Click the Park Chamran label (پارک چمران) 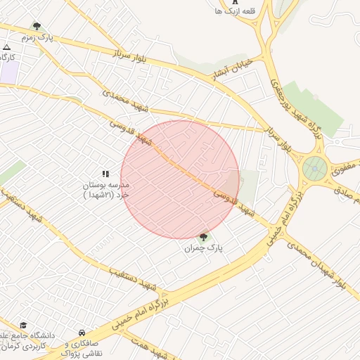[203, 249]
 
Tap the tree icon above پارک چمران [204, 238]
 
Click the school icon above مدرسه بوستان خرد [105, 173]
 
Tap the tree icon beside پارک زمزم [37, 26]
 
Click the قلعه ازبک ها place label [235, 11]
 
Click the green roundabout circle [314, 169]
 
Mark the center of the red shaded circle [180, 179]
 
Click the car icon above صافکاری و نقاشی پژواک [82, 333]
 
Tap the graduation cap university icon [23, 326]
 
